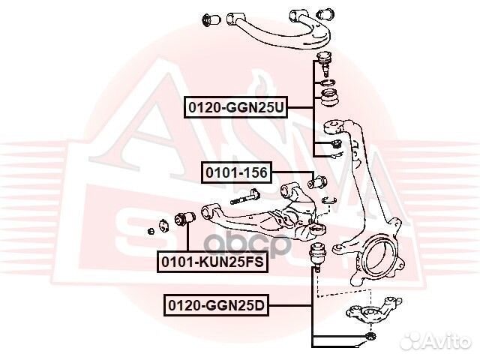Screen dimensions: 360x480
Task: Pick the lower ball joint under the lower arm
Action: point(319,256)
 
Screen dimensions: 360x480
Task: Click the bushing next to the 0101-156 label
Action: point(317,181)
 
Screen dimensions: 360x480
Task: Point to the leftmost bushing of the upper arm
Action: point(211,16)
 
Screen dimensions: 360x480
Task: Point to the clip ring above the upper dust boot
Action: point(328,81)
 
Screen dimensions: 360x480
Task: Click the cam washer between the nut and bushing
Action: point(162,223)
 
